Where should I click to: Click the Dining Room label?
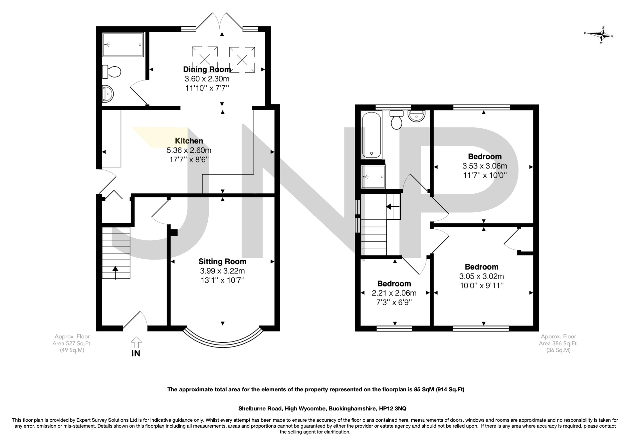[207, 69]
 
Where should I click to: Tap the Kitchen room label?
[189, 141]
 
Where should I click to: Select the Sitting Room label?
[222, 261]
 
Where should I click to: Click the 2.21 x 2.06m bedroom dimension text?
[394, 293]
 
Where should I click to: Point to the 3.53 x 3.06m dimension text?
[485, 166]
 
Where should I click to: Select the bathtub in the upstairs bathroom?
[372, 134]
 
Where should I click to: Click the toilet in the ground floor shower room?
[112, 72]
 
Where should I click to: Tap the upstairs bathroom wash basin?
[417, 116]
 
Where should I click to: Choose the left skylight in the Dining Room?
[205, 59]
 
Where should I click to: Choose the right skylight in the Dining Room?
[242, 59]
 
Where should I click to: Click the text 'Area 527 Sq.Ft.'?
[72, 343]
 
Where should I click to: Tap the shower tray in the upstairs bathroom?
[373, 177]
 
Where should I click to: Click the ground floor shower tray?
[123, 44]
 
